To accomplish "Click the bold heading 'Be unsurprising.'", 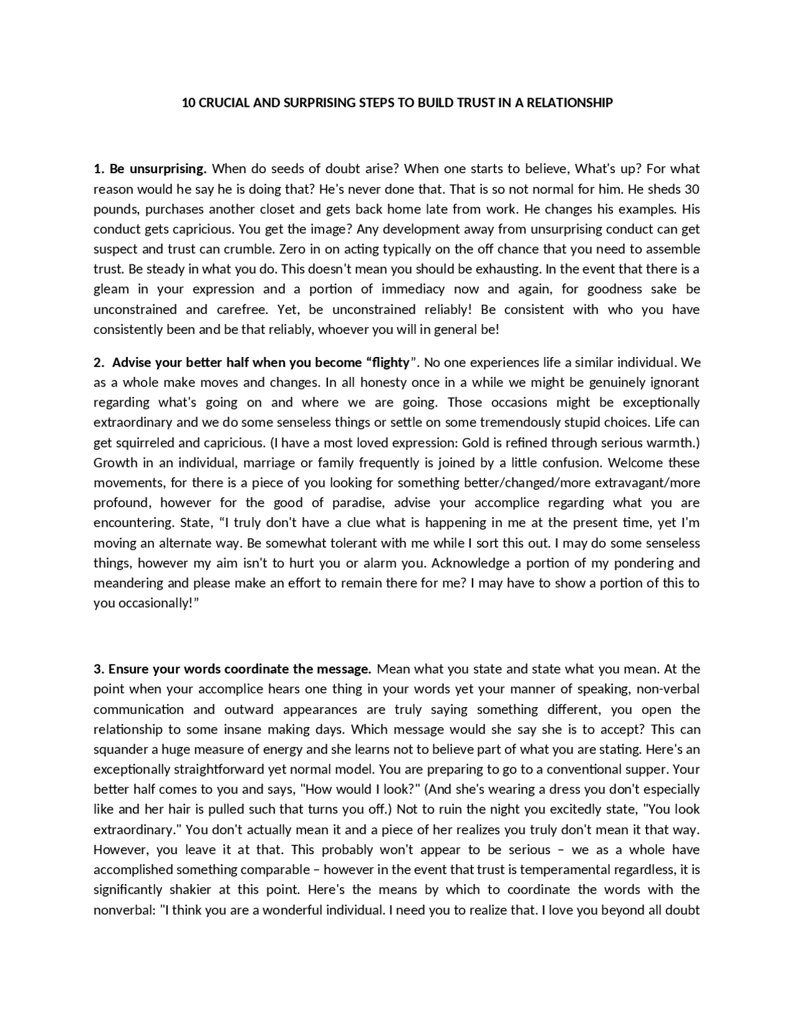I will [157, 169].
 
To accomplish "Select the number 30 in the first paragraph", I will [691, 189].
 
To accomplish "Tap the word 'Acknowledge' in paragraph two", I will [475, 563].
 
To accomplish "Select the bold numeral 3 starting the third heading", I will [97, 669].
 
